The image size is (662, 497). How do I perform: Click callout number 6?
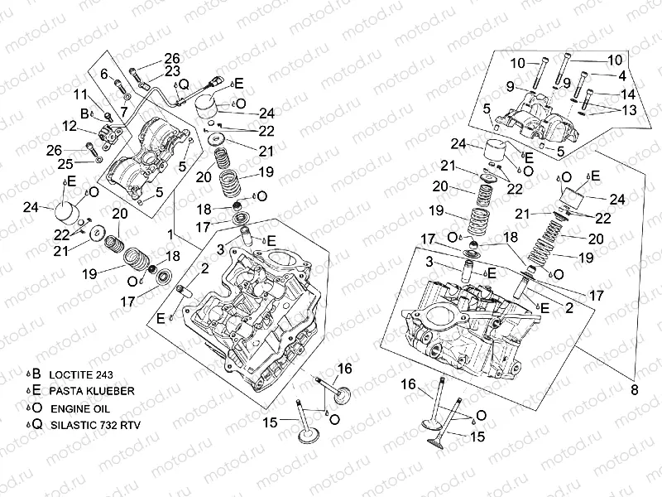point(105,75)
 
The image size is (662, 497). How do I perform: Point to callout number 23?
point(171,72)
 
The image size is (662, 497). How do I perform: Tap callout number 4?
point(622,76)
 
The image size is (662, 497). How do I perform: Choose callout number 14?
point(628,94)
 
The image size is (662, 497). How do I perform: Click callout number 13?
point(628,110)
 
